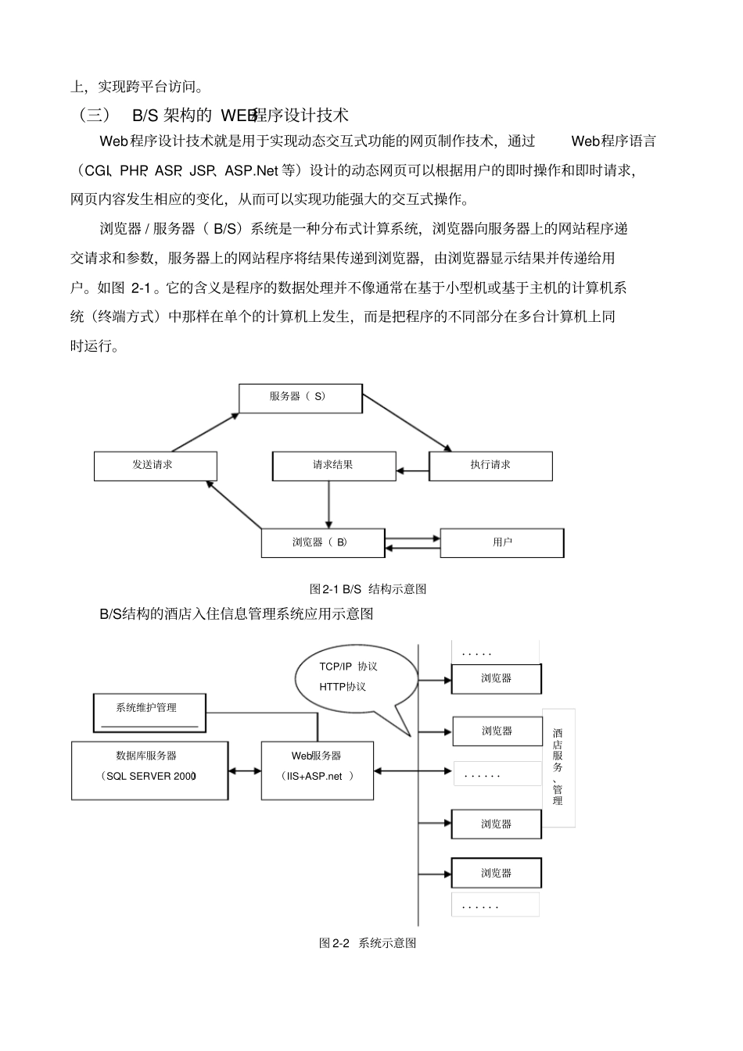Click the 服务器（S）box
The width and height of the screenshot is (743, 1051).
pyautogui.click(x=300, y=398)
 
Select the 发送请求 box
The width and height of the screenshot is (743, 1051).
pyautogui.click(x=155, y=466)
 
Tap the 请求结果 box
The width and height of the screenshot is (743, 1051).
pyautogui.click(x=333, y=466)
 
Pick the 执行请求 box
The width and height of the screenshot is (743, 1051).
pyautogui.click(x=490, y=466)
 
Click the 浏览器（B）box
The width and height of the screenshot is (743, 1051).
pyautogui.click(x=322, y=542)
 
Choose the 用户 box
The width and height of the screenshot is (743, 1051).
pyautogui.click(x=501, y=542)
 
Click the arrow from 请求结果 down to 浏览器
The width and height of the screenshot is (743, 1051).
pyautogui.click(x=328, y=504)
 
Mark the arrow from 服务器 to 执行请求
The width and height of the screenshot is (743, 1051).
pyautogui.click(x=407, y=423)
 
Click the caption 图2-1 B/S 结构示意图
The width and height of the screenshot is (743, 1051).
pyautogui.click(x=368, y=589)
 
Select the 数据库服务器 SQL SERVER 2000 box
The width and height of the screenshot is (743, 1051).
pyautogui.click(x=149, y=770)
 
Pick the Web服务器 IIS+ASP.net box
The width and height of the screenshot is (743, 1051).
pyautogui.click(x=317, y=770)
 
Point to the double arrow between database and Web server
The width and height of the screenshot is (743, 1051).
pyautogui.click(x=245, y=771)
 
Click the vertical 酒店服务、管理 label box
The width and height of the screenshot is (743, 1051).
pyautogui.click(x=558, y=767)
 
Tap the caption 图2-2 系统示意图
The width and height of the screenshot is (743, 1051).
pyautogui.click(x=368, y=943)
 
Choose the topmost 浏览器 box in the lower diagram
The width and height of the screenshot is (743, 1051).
pyautogui.click(x=496, y=678)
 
